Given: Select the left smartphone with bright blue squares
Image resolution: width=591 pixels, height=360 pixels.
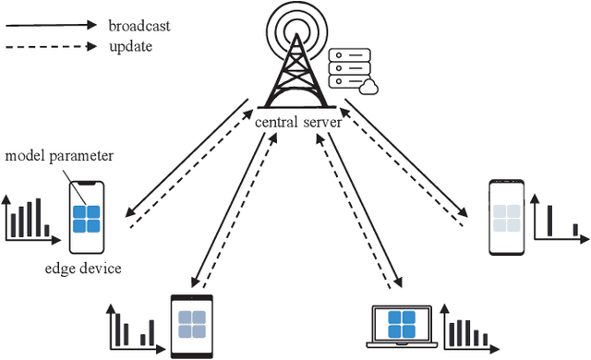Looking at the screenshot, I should click(x=88, y=217).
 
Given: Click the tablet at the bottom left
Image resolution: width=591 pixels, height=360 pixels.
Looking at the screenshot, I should click(x=191, y=324).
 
